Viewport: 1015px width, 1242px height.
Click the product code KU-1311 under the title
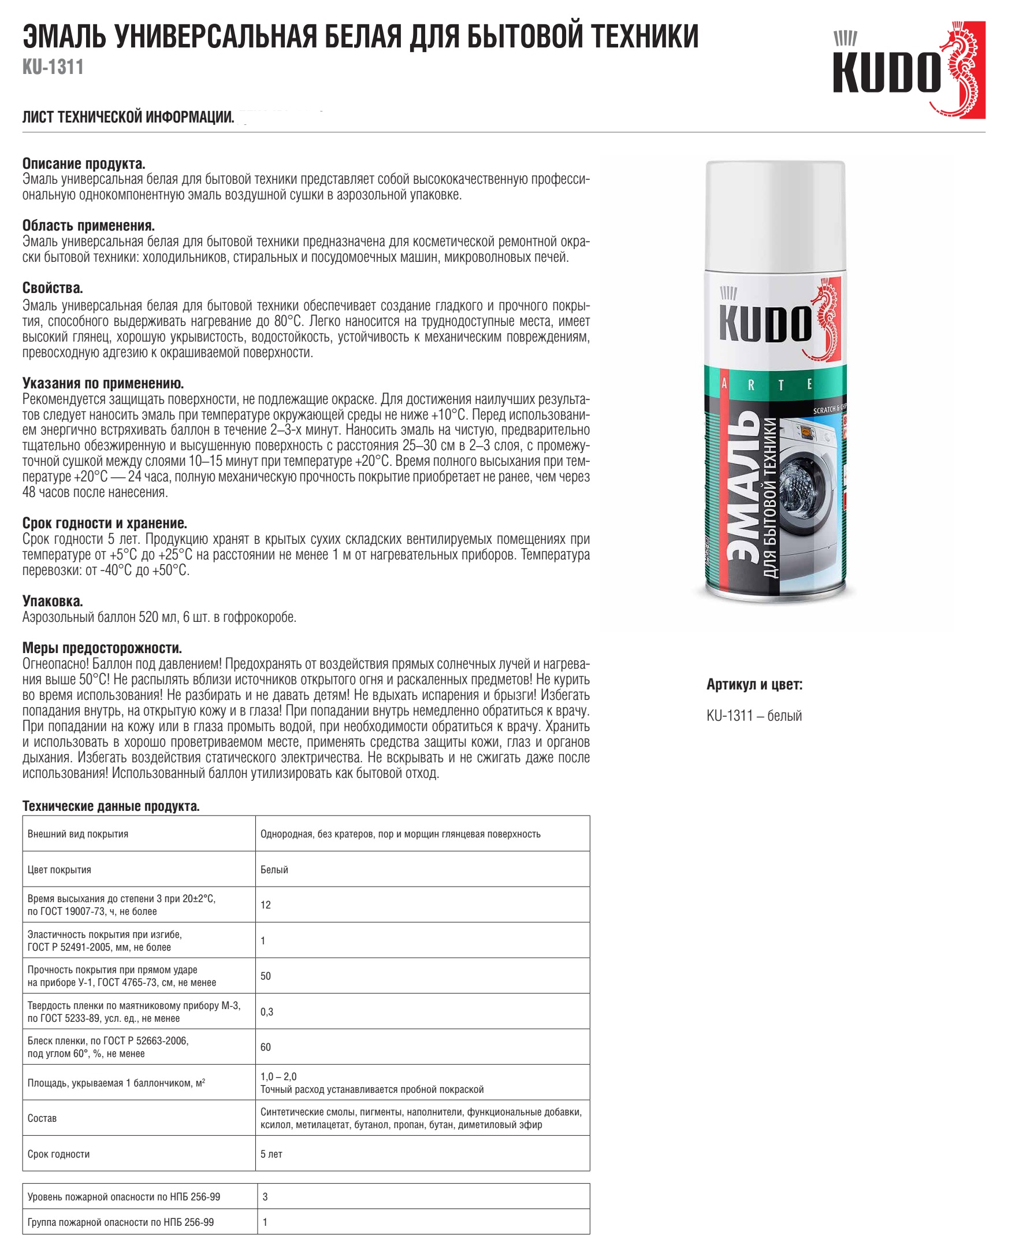(x=53, y=67)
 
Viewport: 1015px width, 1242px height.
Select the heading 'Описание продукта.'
(x=84, y=163)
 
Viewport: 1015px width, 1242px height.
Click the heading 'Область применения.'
(x=88, y=225)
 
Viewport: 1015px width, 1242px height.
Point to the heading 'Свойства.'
(x=53, y=288)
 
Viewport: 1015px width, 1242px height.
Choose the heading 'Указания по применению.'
(x=103, y=383)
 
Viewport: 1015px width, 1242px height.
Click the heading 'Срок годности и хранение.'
(x=105, y=523)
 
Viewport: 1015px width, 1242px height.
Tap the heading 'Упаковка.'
(x=53, y=601)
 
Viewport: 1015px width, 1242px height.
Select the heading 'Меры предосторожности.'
(x=102, y=648)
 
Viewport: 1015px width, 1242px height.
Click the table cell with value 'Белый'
(x=274, y=870)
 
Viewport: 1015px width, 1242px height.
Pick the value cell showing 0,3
(x=267, y=1011)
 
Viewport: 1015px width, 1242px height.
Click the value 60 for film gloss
(x=265, y=1047)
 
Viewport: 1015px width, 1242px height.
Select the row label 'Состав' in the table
(x=42, y=1118)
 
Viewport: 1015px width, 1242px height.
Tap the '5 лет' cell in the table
(x=272, y=1154)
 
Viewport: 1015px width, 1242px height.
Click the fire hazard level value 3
(x=265, y=1197)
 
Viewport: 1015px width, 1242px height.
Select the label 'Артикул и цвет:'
(x=754, y=684)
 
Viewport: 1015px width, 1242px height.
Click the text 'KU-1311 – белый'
(x=754, y=715)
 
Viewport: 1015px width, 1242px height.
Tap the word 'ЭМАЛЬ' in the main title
(x=64, y=36)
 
